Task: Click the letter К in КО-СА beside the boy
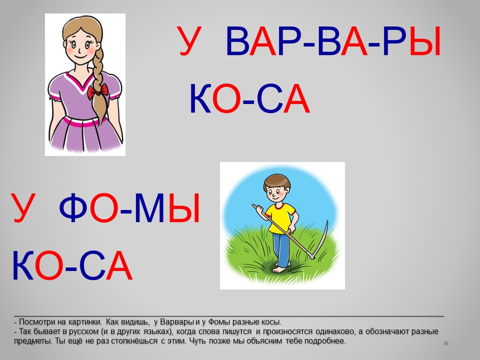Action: coord(23,265)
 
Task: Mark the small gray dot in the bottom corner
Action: coord(446,343)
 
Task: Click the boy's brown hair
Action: coord(277,181)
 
